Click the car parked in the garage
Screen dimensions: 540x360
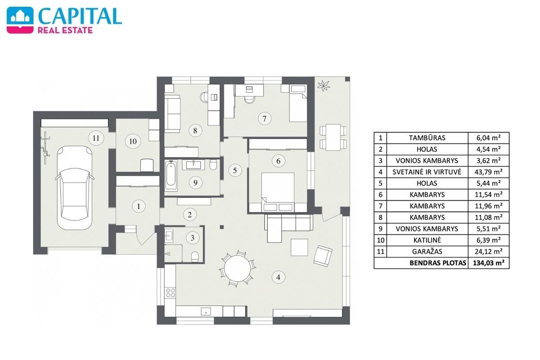coord(75,188)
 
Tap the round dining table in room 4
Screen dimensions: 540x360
coord(238,268)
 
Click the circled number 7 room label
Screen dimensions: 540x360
coord(265,119)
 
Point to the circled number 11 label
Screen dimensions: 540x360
coord(96,138)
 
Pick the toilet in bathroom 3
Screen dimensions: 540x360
coord(194,256)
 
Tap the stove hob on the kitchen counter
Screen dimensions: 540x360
coord(171,292)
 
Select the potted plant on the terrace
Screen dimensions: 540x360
coord(324,85)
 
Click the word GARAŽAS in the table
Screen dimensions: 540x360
coord(427,252)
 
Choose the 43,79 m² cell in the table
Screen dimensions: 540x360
coord(488,172)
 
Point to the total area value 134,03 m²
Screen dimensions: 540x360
coord(489,263)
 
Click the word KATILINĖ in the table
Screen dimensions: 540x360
coord(427,240)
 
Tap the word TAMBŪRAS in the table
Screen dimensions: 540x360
coord(427,138)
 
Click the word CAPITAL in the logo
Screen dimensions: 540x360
coord(80,16)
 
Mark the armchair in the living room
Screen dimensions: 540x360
coord(323,256)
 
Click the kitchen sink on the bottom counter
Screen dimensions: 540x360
coord(206,311)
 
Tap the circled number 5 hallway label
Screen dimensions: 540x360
coord(235,171)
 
